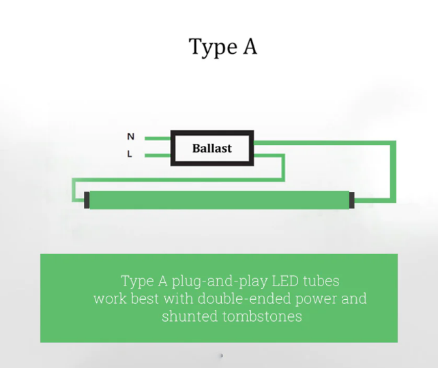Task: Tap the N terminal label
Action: (130, 136)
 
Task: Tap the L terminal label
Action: (130, 154)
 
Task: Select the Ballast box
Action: (212, 148)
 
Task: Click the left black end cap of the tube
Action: (87, 200)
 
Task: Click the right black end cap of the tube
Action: (351, 200)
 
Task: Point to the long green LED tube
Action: (218, 200)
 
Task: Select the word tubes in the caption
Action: (322, 280)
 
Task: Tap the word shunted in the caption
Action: (189, 316)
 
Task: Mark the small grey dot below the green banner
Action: (221, 355)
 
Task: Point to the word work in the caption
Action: (110, 298)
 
